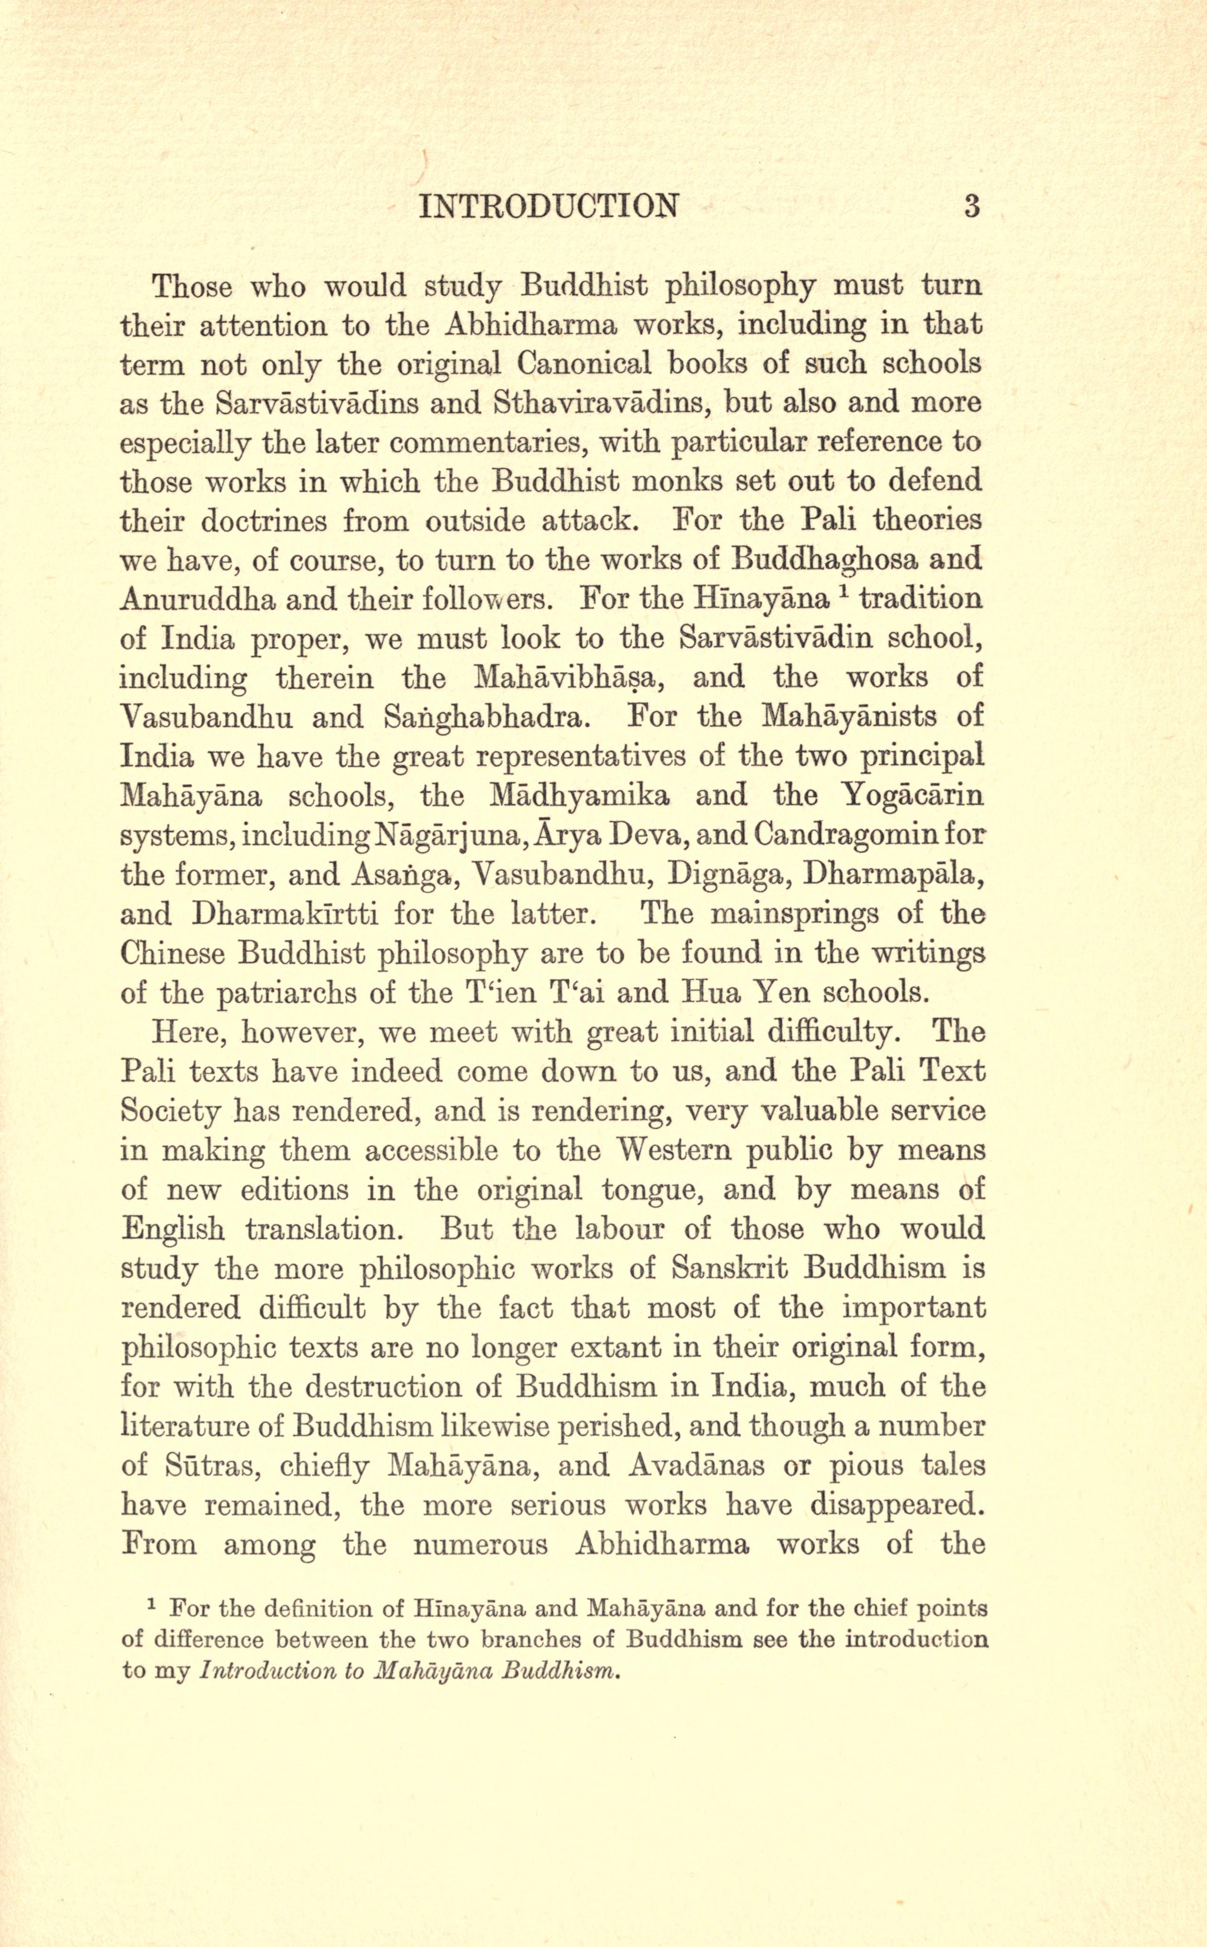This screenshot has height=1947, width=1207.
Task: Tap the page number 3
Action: pyautogui.click(x=971, y=206)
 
